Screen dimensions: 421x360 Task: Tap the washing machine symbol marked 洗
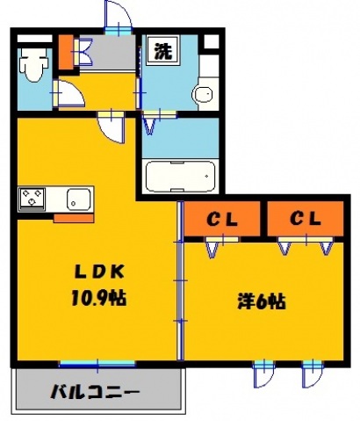163,51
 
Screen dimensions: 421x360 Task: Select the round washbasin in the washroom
204,95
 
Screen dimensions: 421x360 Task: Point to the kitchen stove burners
33,198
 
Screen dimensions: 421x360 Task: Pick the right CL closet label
306,217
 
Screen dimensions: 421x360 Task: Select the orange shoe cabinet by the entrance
66,53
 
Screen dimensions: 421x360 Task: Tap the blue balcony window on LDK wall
97,363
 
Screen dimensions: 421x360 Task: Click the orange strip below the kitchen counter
74,215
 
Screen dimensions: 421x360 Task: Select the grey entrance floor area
110,53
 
